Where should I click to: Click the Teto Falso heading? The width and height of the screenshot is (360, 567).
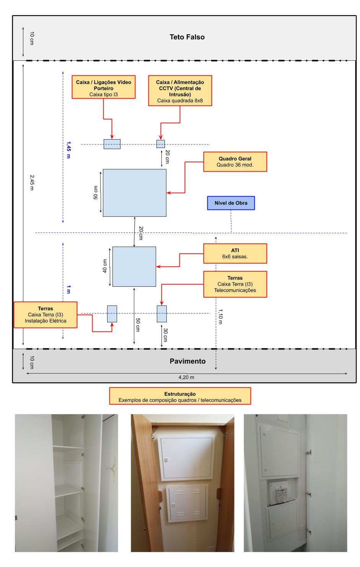(x=187, y=37)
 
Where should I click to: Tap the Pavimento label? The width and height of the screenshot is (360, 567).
(x=187, y=361)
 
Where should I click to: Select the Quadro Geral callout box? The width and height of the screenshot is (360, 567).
(x=235, y=162)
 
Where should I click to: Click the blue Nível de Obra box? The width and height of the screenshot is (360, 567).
(x=231, y=203)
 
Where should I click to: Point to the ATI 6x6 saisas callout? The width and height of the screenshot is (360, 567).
(x=235, y=253)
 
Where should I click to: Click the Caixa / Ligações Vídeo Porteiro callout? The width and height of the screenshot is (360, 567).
(x=103, y=88)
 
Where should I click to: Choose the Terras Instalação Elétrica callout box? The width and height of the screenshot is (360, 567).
(x=46, y=315)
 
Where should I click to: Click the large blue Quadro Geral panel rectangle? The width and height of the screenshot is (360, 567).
(x=134, y=193)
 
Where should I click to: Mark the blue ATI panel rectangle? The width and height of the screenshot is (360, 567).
(x=134, y=266)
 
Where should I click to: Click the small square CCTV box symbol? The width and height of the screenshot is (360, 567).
(x=161, y=144)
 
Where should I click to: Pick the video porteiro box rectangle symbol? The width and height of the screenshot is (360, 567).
(x=112, y=144)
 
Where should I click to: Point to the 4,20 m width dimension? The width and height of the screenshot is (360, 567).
(x=186, y=377)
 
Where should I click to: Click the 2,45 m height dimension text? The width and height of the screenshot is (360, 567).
(x=31, y=182)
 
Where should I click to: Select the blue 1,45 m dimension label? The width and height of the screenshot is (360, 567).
(x=68, y=150)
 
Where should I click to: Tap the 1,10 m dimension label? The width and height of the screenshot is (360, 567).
(x=220, y=316)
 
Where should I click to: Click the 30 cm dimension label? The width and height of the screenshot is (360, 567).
(x=165, y=335)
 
